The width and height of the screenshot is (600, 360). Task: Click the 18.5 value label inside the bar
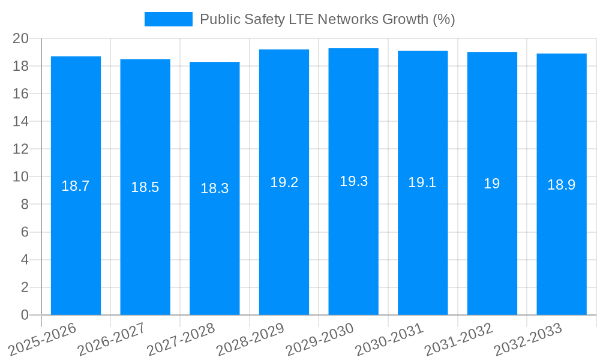(145, 187)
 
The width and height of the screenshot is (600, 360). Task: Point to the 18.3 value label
(214, 188)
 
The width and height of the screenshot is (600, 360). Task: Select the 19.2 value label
(284, 182)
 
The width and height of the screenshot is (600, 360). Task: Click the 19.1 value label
(422, 183)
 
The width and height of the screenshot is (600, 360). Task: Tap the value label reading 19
(492, 184)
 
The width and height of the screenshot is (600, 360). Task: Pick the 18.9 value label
(562, 185)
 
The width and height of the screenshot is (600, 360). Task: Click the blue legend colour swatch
(169, 19)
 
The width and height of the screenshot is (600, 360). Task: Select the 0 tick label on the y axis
(25, 315)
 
